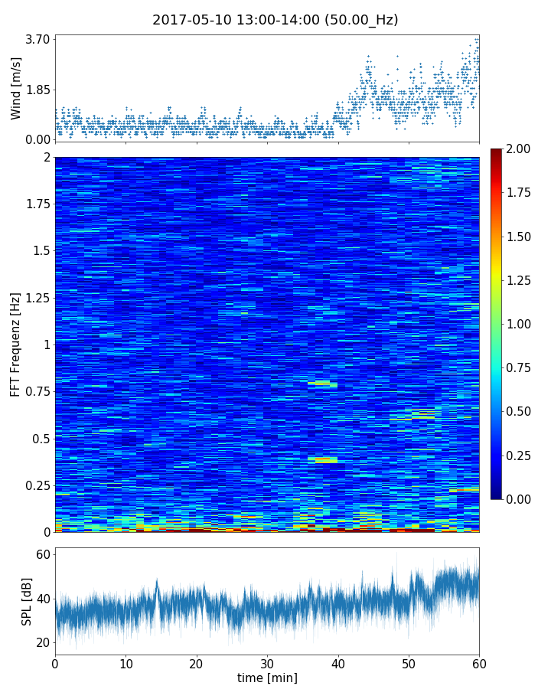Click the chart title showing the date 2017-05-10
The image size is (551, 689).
point(275,20)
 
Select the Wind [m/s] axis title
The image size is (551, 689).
point(16,89)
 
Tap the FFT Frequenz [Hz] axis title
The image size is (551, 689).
point(15,344)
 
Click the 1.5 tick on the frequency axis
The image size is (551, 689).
point(40,251)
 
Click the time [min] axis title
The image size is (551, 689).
point(267,678)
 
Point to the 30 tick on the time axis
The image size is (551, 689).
point(267,661)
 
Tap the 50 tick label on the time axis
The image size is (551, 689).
point(409,661)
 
